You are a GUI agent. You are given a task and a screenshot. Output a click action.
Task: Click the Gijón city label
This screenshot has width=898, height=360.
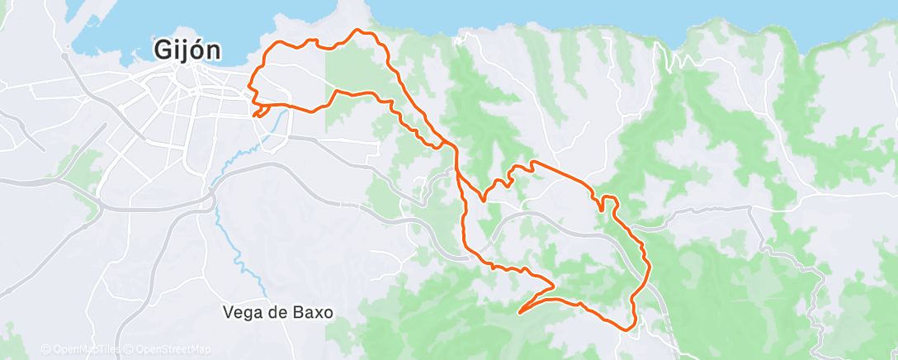pos(187,50)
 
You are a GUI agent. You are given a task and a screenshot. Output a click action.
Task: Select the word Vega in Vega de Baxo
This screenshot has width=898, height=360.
pos(240,313)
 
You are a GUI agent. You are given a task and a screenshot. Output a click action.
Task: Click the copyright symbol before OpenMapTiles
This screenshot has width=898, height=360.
pos(45,349)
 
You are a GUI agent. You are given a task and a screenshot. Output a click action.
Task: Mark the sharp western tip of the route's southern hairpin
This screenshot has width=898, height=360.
pos(518,313)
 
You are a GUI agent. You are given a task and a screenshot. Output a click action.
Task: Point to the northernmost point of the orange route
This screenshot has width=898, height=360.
pos(357,31)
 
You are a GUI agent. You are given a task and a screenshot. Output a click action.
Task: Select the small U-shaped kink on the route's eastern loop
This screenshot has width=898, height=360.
pos(608,200)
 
